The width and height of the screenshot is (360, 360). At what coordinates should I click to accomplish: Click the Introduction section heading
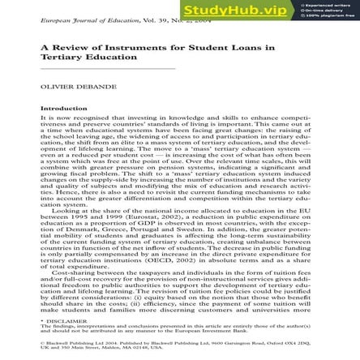point(63,108)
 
